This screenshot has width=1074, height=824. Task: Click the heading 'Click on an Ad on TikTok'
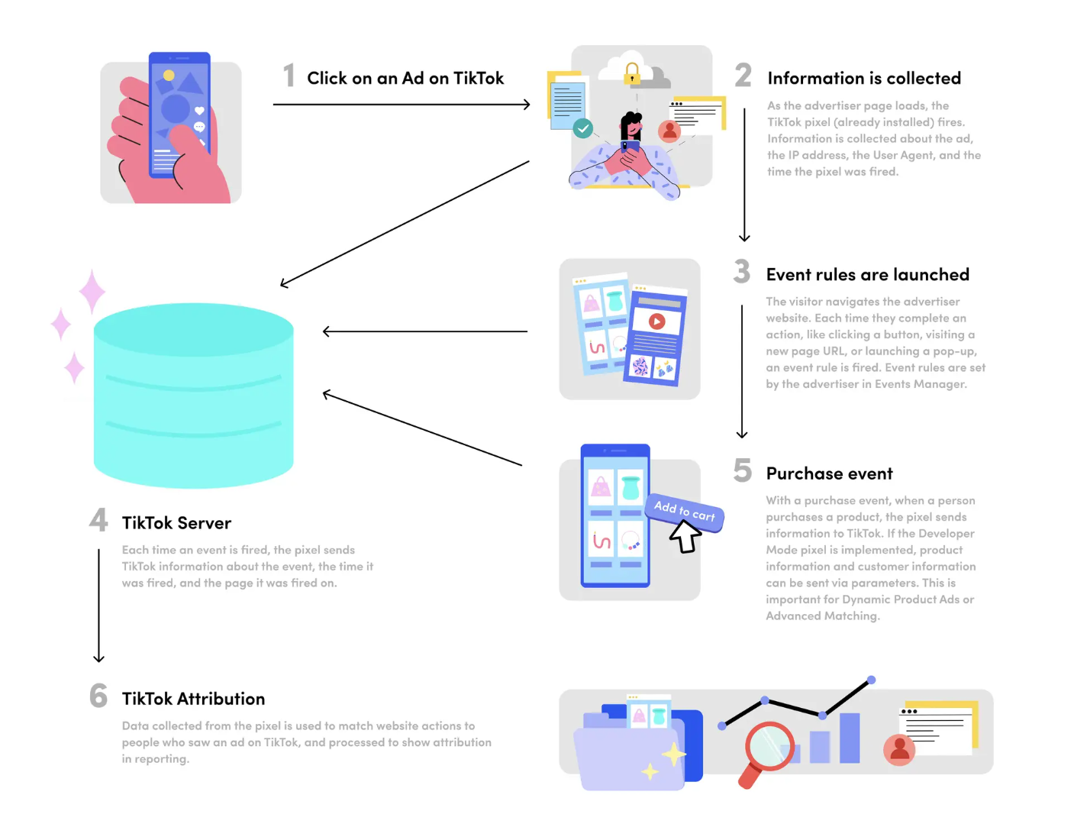[x=405, y=78]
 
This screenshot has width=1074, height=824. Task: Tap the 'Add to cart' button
[x=685, y=512]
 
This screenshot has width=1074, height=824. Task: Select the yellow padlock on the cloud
[x=631, y=73]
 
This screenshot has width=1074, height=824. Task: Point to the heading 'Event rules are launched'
[x=867, y=274]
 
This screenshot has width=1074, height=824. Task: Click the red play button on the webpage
[x=657, y=322]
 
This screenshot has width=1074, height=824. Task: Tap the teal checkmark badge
[x=583, y=128]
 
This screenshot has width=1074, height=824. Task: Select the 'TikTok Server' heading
[x=176, y=523]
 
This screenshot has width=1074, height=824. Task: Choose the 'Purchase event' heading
[x=829, y=473]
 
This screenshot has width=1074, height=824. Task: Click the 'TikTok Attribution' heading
[x=193, y=699]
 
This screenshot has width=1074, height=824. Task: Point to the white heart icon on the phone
[x=199, y=110]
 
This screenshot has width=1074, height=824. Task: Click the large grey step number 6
[x=98, y=696]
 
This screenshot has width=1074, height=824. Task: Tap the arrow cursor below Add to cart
[x=685, y=537]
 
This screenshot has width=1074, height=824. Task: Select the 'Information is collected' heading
[x=864, y=78]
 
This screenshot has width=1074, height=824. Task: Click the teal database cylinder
[x=193, y=396]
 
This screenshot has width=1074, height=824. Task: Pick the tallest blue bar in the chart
[x=850, y=738]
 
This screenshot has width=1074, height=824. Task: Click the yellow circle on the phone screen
[x=169, y=75]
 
